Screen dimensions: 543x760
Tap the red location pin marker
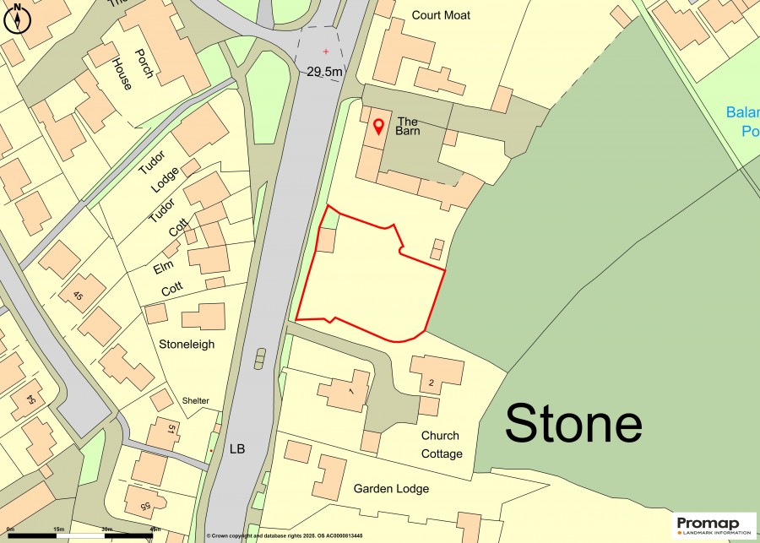(x=378, y=128)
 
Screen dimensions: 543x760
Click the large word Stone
(x=573, y=423)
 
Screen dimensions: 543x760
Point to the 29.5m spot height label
(x=324, y=72)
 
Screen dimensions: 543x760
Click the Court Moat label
(x=440, y=15)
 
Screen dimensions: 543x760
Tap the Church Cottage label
(x=441, y=444)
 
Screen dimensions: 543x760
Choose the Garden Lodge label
(x=391, y=488)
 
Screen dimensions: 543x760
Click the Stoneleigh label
(x=187, y=345)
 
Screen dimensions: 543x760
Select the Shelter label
(x=195, y=400)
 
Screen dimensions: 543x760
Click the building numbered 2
(x=437, y=374)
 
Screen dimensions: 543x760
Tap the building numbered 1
(x=343, y=393)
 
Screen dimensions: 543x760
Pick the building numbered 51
(x=165, y=432)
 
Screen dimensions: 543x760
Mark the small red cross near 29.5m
(x=325, y=52)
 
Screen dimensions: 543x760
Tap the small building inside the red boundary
(x=325, y=240)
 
